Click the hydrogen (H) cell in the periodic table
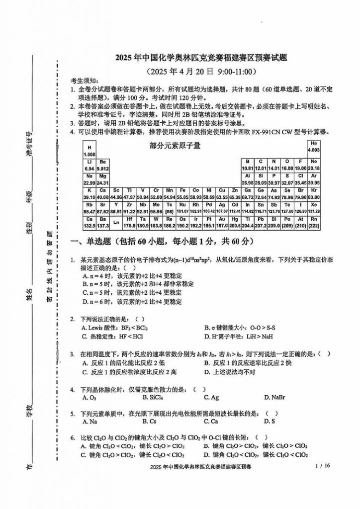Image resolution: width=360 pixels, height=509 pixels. [90, 151]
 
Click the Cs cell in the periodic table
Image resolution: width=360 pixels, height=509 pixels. [90, 222]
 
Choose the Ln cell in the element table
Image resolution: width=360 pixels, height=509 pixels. [116, 222]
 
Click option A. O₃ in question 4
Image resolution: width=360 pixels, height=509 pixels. [89, 397]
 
